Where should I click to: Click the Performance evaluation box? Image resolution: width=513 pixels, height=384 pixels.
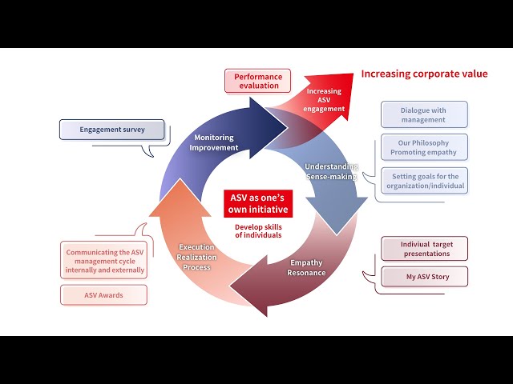[x=257, y=81]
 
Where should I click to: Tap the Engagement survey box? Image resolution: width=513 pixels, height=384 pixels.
[x=111, y=129]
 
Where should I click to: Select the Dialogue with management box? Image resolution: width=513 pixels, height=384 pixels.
[x=423, y=114]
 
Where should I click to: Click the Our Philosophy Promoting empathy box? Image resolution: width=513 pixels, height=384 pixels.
[x=423, y=148]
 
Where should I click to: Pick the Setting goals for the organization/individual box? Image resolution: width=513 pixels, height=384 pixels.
[x=424, y=180]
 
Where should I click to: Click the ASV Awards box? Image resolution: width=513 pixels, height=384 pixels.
[x=103, y=294]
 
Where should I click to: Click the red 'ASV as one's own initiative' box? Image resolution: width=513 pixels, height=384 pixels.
[x=258, y=203]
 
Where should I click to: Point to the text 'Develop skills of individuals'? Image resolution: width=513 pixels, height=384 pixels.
[x=258, y=230]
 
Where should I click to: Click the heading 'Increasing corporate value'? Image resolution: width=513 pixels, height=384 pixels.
[x=424, y=74]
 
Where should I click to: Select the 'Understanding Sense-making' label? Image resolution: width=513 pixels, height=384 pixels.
[x=330, y=171]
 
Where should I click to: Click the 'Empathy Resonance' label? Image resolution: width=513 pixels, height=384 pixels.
[x=306, y=267]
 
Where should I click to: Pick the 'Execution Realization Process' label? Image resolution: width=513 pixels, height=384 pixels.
[x=196, y=257]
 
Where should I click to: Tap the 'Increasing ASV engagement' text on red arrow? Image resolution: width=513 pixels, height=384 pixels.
[x=324, y=100]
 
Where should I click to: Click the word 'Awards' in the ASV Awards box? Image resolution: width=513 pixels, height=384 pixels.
[x=112, y=294]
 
